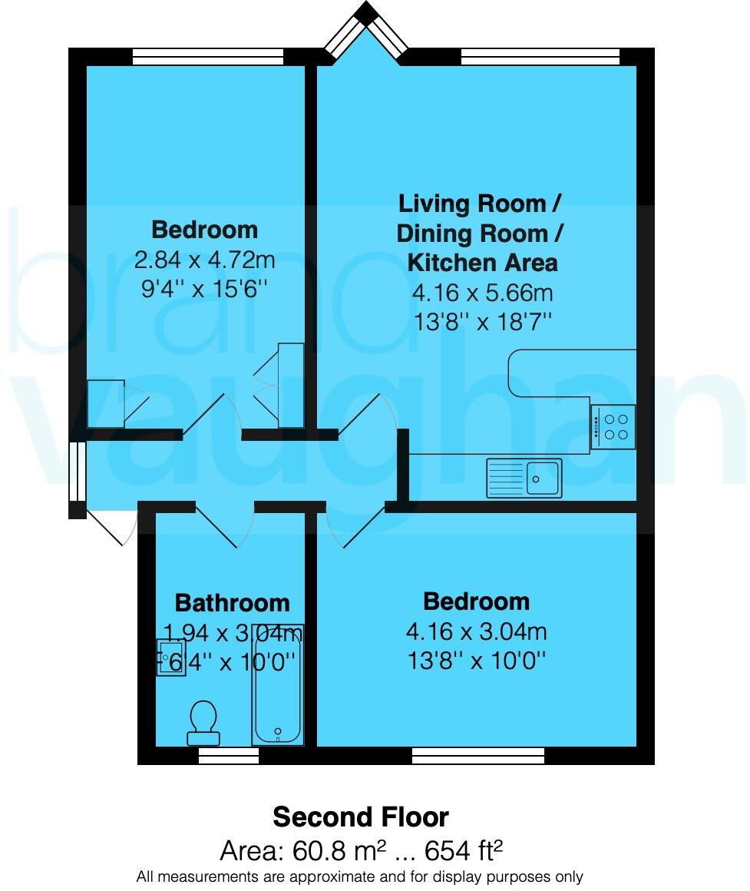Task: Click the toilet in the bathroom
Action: tap(203, 722)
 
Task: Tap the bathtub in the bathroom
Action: tap(277, 684)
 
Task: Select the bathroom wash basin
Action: tap(170, 657)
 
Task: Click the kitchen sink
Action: tap(524, 478)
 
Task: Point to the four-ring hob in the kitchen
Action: tap(613, 427)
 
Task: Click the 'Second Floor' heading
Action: tap(361, 816)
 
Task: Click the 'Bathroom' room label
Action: tap(233, 603)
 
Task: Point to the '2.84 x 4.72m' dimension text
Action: tap(205, 260)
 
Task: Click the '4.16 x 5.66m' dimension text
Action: tap(482, 293)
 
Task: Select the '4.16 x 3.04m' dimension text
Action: tap(476, 632)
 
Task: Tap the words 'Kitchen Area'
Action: tap(482, 263)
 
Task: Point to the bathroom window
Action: tap(229, 757)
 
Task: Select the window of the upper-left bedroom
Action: tap(207, 56)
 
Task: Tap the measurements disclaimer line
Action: tap(360, 876)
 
